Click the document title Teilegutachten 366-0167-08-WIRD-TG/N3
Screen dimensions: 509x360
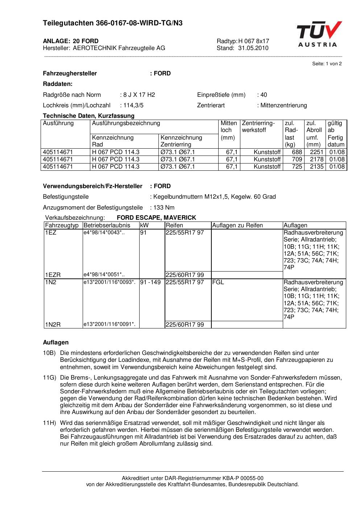coord(113,23)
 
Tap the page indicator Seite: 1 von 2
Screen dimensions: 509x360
coord(327,64)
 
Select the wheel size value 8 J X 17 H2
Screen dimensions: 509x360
coord(139,95)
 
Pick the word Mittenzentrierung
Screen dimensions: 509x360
coord(284,105)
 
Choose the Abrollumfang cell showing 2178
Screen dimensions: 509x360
coord(316,160)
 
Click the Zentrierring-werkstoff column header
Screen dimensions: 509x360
coord(258,127)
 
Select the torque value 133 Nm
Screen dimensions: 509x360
coord(164,208)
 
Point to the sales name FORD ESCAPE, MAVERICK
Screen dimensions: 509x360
coord(156,218)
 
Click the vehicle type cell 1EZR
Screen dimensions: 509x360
coord(53,275)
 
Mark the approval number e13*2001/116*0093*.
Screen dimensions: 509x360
coord(109,282)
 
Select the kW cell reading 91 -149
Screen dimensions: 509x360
coord(150,282)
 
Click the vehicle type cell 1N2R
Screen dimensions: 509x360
coord(53,324)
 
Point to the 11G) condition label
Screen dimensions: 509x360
coord(49,378)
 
